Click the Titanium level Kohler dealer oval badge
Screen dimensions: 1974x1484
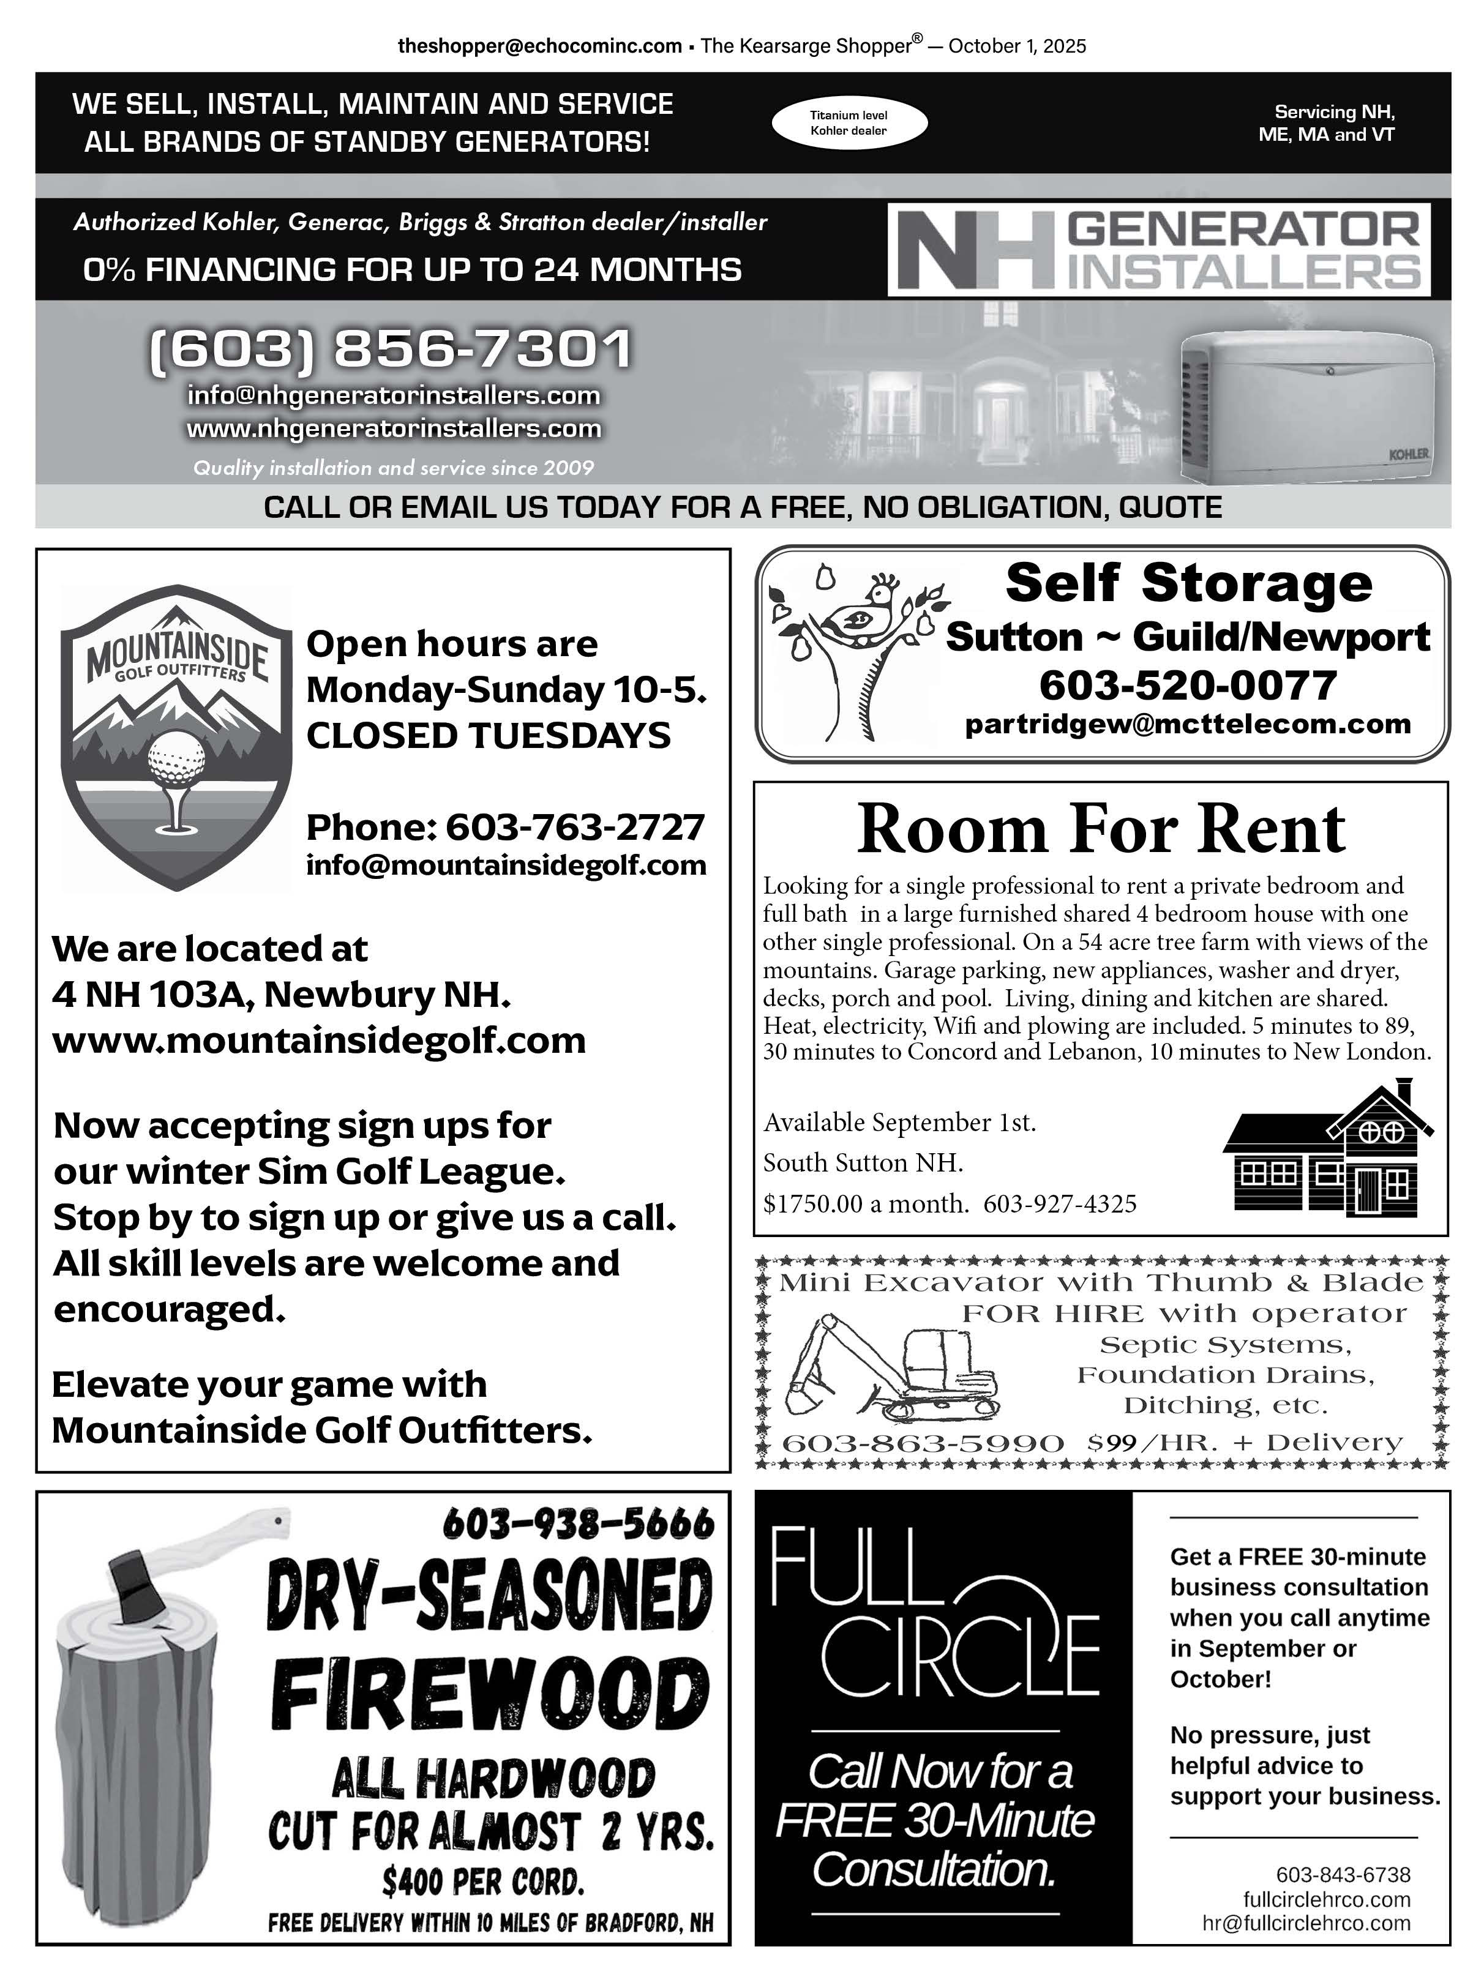click(848, 123)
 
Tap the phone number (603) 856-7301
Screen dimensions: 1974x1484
click(390, 348)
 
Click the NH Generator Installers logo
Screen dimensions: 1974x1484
click(1158, 250)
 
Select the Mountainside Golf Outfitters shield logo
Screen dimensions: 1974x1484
click(176, 737)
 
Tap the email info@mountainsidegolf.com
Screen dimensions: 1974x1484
click(506, 865)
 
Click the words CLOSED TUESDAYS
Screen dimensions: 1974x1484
click(488, 736)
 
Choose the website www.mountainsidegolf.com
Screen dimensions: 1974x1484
click(318, 1041)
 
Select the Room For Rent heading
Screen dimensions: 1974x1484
click(1100, 829)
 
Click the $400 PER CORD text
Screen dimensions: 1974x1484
click(483, 1882)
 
